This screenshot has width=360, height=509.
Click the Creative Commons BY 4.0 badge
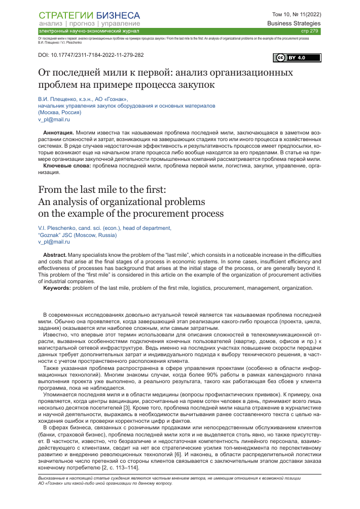point(291,57)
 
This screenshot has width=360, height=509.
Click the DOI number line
point(91,54)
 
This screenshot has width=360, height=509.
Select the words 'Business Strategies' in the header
point(294,23)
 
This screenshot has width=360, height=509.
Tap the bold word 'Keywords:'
point(57,288)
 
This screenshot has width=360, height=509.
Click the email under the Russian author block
point(54,120)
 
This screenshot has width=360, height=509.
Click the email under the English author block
point(54,243)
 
